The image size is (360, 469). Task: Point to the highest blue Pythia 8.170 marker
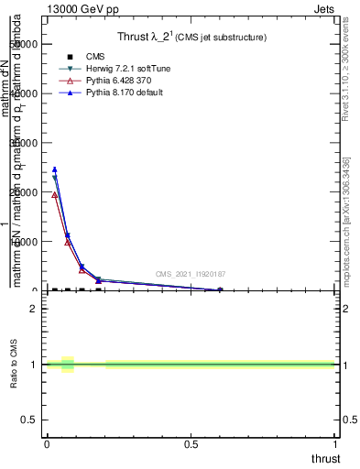pyautogui.click(x=55, y=169)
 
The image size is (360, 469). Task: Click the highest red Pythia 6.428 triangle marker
pyautogui.click(x=55, y=194)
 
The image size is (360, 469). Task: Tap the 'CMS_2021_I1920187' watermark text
pyautogui.click(x=189, y=275)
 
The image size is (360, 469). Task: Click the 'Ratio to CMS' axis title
pyautogui.click(x=15, y=365)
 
